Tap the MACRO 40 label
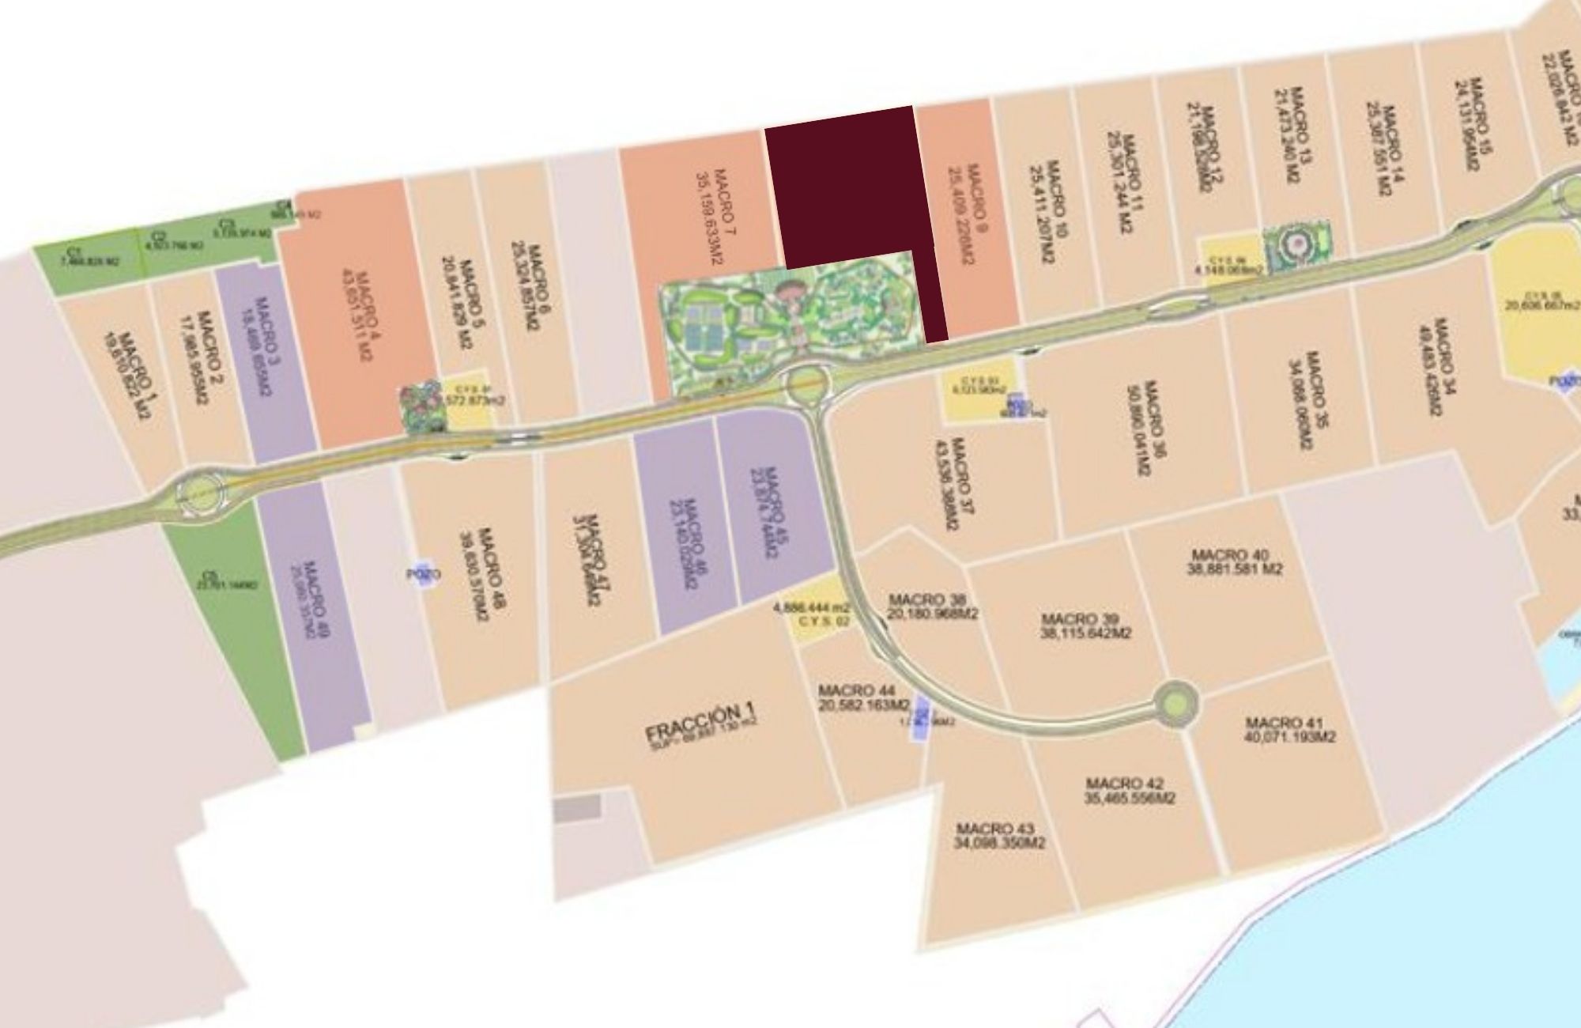pyautogui.click(x=1234, y=561)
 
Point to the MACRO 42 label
pyautogui.click(x=1128, y=791)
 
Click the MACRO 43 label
pyautogui.click(x=998, y=836)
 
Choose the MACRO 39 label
pyautogui.click(x=1085, y=625)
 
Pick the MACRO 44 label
pyautogui.click(x=863, y=697)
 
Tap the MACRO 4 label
pyautogui.click(x=357, y=316)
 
